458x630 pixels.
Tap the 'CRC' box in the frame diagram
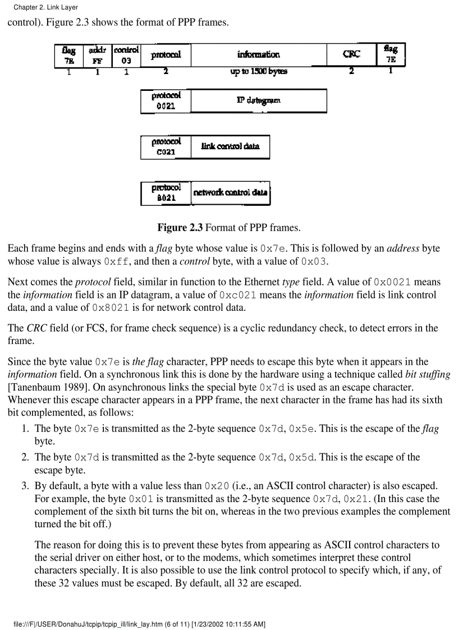point(351,56)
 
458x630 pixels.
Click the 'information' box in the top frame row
point(258,56)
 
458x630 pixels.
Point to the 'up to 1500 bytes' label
point(259,72)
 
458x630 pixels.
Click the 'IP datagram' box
point(258,101)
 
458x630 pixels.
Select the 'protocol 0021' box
point(166,101)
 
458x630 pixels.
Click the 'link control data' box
point(230,146)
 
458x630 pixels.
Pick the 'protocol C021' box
point(166,146)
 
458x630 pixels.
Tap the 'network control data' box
point(230,192)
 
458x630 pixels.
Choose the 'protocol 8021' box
point(166,192)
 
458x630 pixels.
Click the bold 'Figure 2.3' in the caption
point(180,228)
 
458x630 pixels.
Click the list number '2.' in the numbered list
point(25,457)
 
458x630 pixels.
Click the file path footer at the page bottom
point(140,624)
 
